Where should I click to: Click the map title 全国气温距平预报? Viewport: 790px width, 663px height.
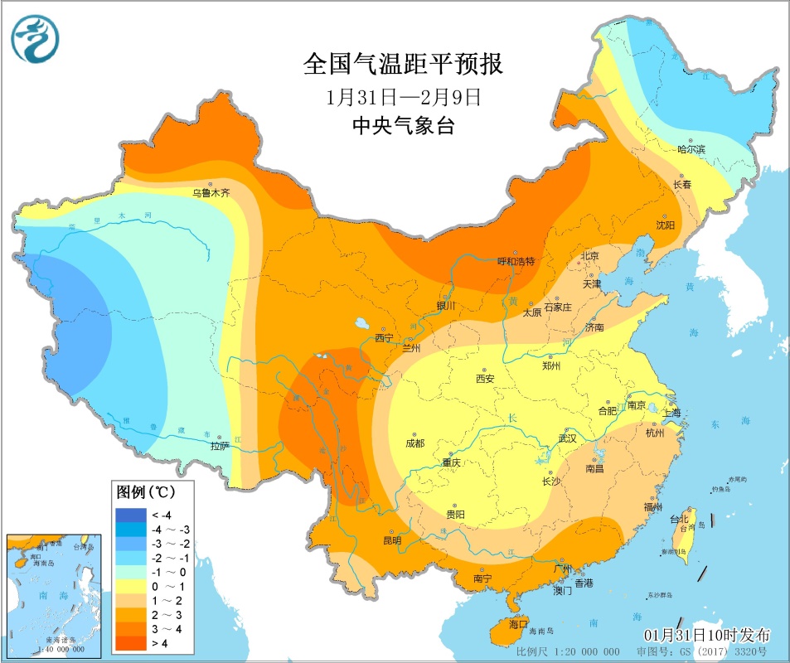(404, 64)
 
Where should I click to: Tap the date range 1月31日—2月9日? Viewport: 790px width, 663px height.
(404, 96)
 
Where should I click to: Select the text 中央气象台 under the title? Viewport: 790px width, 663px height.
(404, 126)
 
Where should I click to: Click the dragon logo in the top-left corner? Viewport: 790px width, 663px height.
(35, 39)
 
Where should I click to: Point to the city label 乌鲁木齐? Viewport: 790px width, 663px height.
(211, 192)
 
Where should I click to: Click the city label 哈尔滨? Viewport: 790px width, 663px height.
(691, 149)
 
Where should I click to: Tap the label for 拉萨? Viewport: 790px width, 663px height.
(219, 446)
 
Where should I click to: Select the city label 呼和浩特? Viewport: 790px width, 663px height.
(516, 261)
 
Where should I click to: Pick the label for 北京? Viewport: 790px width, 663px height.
(589, 256)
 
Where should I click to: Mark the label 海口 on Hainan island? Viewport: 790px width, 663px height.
(518, 623)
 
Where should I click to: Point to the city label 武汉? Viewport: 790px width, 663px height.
(567, 438)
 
